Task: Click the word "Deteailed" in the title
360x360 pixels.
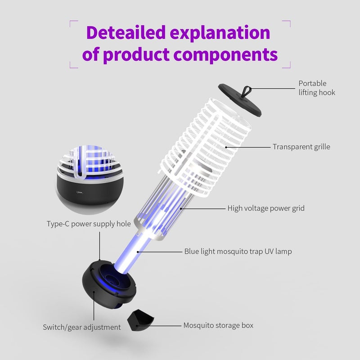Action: (x=126, y=32)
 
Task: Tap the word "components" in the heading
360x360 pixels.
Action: (x=225, y=54)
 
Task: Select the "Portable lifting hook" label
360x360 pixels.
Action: (x=317, y=88)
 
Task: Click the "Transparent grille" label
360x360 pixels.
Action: (x=301, y=147)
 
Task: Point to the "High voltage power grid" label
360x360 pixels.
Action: (x=266, y=208)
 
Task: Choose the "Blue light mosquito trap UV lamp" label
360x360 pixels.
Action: (x=238, y=252)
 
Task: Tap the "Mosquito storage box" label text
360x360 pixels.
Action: (x=218, y=325)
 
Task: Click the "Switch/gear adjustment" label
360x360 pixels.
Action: (x=82, y=327)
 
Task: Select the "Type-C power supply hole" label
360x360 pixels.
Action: (x=89, y=224)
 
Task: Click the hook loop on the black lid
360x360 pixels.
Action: (x=247, y=91)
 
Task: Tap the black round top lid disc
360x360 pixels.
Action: (x=239, y=100)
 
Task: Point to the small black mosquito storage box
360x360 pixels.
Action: (x=140, y=320)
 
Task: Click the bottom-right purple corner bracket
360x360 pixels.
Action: (x=286, y=64)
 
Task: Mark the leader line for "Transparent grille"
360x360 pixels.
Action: (x=248, y=147)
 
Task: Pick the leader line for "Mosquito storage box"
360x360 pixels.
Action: (x=159, y=325)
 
